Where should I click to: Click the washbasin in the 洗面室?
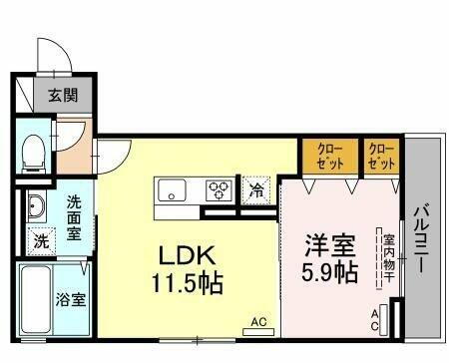click(37, 207)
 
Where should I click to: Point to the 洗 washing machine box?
click(41, 239)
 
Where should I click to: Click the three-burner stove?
click(219, 189)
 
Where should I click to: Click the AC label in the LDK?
click(258, 321)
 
